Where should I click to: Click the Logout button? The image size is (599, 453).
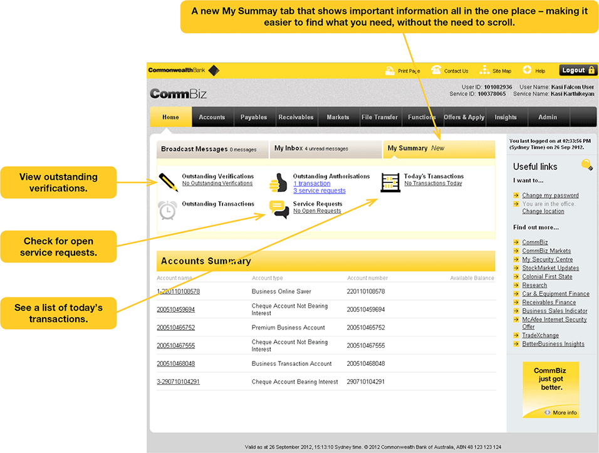(x=578, y=71)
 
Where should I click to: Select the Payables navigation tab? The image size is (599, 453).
(x=254, y=117)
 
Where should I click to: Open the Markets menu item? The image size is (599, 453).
(x=338, y=117)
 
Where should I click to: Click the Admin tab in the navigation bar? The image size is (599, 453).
(x=547, y=117)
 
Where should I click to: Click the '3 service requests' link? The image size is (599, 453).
(x=319, y=191)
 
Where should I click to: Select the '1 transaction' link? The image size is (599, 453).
(x=311, y=184)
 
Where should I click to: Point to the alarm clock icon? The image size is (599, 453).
(x=167, y=210)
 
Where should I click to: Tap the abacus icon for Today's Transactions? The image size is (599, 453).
(x=390, y=182)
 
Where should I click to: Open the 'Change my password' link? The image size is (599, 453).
(x=550, y=195)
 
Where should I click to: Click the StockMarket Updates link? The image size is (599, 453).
(x=550, y=268)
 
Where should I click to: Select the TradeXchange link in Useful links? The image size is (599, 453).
(x=540, y=335)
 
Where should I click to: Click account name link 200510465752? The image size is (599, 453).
(x=176, y=328)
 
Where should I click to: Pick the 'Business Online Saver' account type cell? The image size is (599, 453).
(x=281, y=291)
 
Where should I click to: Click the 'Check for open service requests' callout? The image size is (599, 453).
(x=59, y=247)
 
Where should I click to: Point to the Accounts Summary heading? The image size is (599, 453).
(x=206, y=261)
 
